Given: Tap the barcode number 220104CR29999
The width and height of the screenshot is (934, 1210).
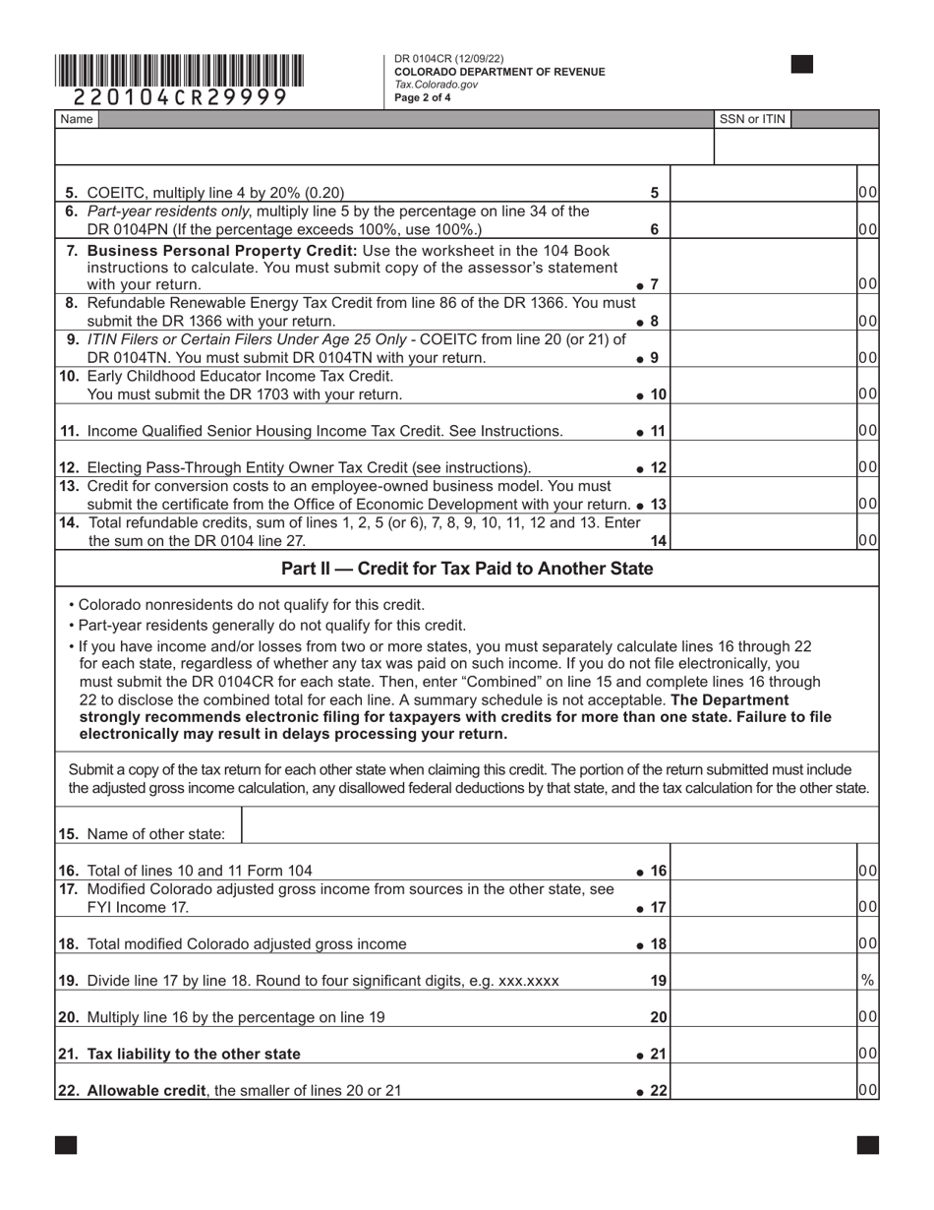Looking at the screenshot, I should [x=180, y=96].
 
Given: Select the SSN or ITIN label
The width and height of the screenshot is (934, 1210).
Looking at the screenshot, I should [x=752, y=119].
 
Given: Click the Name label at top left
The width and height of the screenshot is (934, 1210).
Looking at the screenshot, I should [x=76, y=119].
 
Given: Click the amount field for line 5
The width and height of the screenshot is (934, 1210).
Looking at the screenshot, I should [x=763, y=193].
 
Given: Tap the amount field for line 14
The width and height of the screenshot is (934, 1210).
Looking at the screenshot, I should [x=763, y=540].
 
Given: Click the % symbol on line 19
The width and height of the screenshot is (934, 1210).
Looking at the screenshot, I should [x=867, y=981].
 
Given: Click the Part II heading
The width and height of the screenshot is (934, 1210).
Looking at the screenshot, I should [x=467, y=569].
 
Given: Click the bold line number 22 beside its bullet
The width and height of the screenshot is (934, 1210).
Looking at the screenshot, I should [x=658, y=1090].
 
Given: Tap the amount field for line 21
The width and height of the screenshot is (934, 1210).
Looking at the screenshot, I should [x=763, y=1054].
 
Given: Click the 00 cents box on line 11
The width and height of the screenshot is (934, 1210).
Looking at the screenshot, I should [x=867, y=430].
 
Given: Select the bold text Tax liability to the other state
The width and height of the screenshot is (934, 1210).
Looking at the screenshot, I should [x=194, y=1054].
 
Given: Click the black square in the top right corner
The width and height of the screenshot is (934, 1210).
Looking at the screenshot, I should [x=802, y=64].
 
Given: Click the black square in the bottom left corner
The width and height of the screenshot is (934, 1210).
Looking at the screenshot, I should [x=66, y=1144].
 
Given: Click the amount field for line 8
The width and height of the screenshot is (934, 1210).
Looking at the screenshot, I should [x=763, y=321].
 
